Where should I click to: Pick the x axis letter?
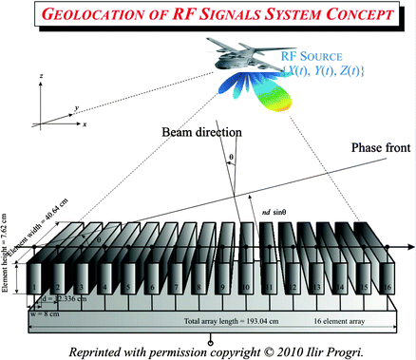[x=85, y=124]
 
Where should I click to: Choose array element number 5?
[x=127, y=287]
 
